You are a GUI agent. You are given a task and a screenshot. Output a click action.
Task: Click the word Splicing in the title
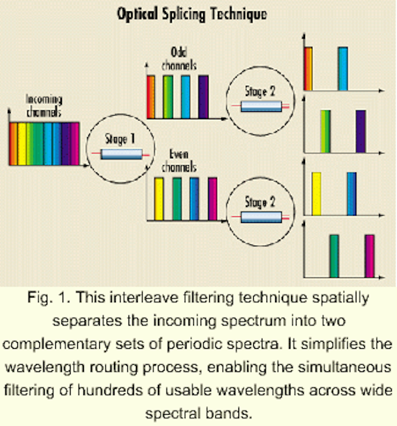pos(184,15)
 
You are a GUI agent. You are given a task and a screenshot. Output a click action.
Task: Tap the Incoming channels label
pos(44,106)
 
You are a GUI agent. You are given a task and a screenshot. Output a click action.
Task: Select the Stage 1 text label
pos(120,139)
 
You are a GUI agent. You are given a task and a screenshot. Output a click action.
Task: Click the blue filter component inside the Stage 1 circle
pos(121,154)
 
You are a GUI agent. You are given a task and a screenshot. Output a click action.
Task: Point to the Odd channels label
pos(179,59)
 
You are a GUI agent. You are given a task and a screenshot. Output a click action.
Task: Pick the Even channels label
pos(179,160)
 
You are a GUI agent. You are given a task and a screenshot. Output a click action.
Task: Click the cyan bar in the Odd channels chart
pos(186,97)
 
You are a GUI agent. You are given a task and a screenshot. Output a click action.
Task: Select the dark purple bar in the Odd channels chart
pos(203,97)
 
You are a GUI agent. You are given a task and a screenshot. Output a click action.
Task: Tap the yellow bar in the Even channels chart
pos(159,199)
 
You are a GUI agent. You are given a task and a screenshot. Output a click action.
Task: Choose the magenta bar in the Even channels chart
pos(212,199)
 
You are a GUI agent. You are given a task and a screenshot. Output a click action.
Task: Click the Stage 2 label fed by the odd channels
pos(260,91)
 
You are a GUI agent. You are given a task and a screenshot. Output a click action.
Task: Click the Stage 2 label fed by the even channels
pos(260,202)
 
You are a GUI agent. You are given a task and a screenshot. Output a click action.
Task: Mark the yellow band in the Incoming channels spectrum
pos(22,144)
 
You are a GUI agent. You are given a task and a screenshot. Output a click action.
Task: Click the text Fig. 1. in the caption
pos(49,298)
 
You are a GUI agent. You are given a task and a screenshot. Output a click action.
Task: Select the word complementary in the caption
pos(57,345)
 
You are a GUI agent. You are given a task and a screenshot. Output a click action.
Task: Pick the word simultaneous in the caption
pos(344,367)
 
